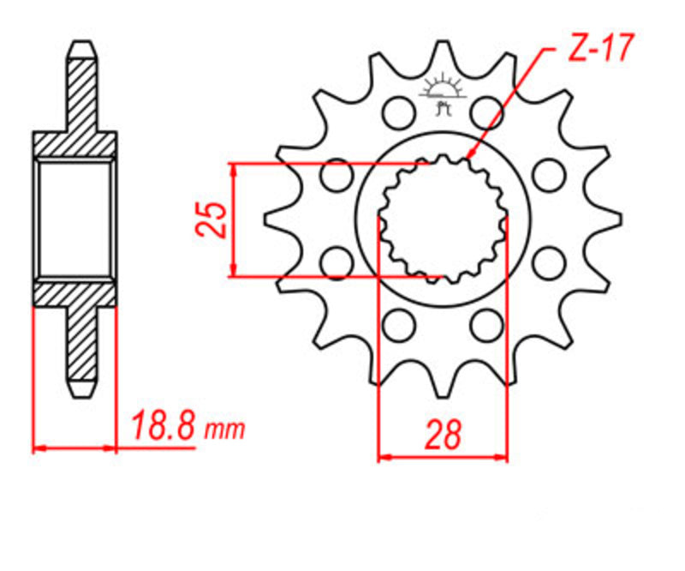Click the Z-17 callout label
coord(599,50)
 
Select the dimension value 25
coord(211,219)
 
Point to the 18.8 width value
coord(162,426)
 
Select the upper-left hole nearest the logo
coord(396,111)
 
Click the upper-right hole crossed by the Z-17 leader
coord(487,111)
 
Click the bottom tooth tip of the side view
coord(80,393)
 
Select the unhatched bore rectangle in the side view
coord(74,218)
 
